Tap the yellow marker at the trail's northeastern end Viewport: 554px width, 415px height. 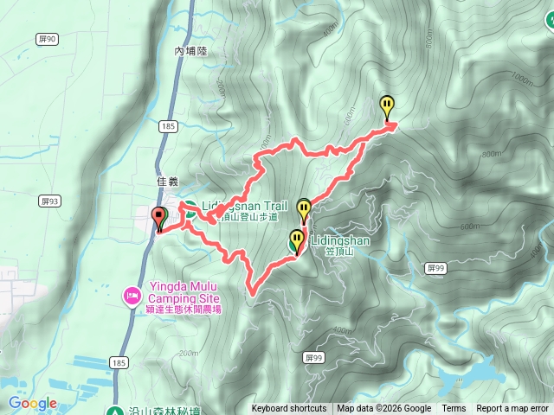tap(387, 107)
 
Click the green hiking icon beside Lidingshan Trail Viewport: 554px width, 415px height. tap(190, 207)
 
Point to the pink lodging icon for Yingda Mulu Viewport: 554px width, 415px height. tap(132, 297)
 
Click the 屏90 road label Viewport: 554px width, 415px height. tap(48, 39)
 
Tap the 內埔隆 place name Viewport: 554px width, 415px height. tap(191, 52)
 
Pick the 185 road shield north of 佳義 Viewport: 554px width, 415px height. tap(169, 127)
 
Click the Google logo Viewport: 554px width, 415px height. tap(32, 403)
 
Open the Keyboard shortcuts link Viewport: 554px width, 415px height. tap(289, 409)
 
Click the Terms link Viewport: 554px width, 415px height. tap(453, 409)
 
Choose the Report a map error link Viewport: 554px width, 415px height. tap(512, 409)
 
